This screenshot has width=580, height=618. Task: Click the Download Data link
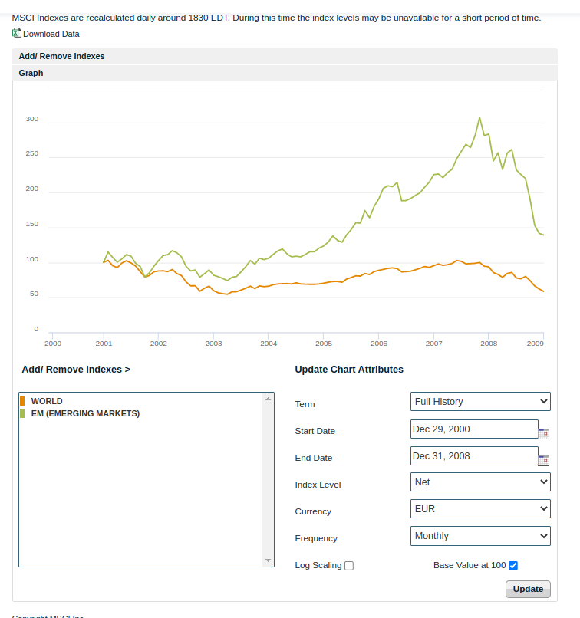(51, 34)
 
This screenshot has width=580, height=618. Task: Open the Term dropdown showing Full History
(480, 401)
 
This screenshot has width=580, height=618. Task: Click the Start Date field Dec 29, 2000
(474, 429)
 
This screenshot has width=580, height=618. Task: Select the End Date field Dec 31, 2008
(474, 456)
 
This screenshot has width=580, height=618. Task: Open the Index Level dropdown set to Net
(480, 482)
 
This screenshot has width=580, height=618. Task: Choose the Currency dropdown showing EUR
(480, 508)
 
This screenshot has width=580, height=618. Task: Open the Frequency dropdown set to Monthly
(480, 536)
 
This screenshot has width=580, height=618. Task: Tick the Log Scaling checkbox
(349, 566)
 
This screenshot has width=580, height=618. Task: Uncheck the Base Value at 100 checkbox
(513, 566)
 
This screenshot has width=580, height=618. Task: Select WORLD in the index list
(47, 401)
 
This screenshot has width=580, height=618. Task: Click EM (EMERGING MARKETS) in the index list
(85, 413)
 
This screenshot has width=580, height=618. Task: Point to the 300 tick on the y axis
(31, 120)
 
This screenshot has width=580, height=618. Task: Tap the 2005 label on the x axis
(324, 344)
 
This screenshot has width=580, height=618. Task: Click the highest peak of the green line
(479, 117)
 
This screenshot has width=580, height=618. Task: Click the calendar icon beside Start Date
(544, 433)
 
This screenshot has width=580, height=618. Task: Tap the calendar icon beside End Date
(544, 460)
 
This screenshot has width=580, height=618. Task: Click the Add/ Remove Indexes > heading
(76, 370)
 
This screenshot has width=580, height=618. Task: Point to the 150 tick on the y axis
(31, 225)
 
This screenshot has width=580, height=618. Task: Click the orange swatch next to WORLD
(23, 401)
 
